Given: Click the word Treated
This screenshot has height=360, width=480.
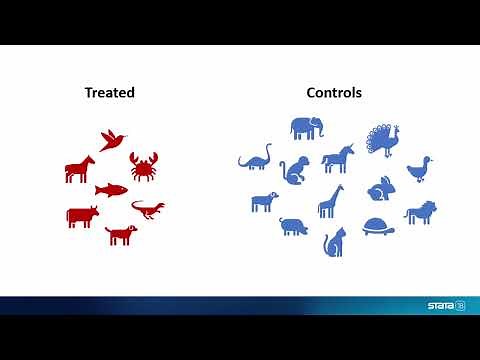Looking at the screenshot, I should (109, 93).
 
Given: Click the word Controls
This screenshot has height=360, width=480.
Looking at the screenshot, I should (334, 93).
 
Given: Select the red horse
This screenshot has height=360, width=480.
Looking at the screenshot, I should (80, 168).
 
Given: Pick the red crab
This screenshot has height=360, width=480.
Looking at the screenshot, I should (144, 165).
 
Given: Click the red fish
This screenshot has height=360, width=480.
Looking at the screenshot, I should (111, 189).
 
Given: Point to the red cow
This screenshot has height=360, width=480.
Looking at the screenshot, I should (82, 215).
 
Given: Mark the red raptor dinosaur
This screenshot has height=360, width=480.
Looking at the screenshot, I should (148, 208).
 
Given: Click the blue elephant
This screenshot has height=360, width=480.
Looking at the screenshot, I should (307, 128).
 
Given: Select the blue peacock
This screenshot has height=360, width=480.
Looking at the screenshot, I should (380, 139).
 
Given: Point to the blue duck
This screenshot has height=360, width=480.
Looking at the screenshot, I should (422, 167).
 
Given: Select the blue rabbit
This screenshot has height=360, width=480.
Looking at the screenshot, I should (379, 187).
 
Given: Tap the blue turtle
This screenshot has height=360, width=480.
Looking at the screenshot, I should (378, 225).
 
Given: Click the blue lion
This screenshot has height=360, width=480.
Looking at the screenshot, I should (419, 212).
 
